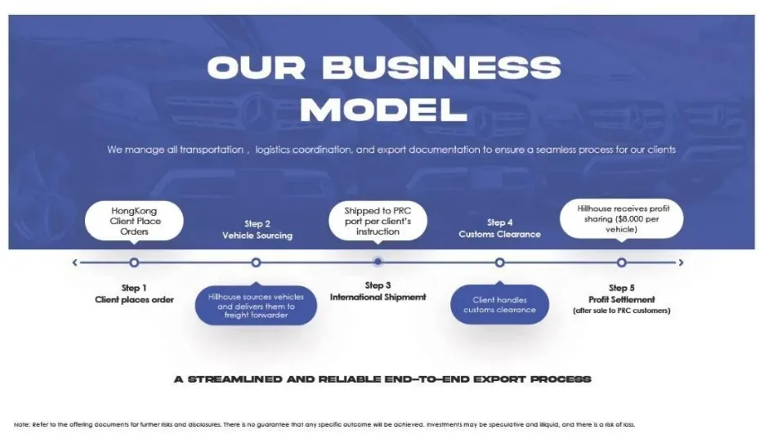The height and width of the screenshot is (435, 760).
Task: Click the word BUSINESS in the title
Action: click(x=442, y=68)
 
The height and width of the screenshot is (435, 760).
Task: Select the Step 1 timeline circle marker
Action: click(x=134, y=262)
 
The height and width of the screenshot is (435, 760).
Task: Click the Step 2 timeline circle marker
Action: click(x=256, y=262)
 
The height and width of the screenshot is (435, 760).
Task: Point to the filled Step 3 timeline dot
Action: click(x=378, y=262)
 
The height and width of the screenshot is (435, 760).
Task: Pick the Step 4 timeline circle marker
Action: click(x=499, y=262)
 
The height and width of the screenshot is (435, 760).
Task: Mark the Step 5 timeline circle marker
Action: click(x=621, y=262)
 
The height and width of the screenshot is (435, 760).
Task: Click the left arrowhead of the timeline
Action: click(x=75, y=262)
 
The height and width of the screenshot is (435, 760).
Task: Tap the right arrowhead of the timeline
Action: click(x=681, y=262)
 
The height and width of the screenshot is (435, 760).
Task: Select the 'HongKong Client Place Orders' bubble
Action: click(x=135, y=221)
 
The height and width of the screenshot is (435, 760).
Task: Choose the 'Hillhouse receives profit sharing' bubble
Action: click(x=621, y=219)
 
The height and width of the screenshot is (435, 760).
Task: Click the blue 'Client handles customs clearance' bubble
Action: click(x=499, y=304)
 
